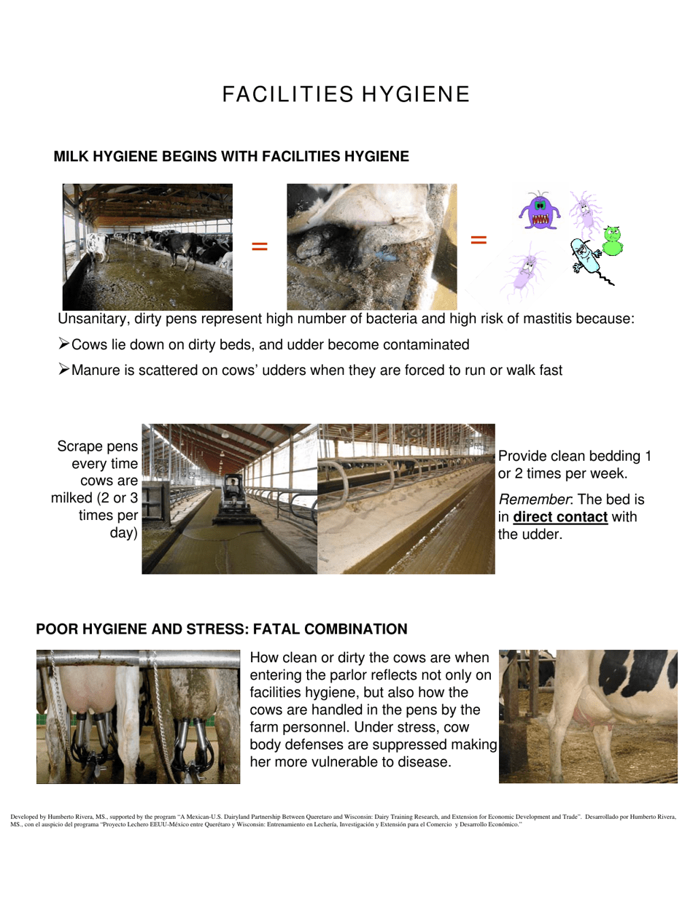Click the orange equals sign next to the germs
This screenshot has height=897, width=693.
click(x=479, y=239)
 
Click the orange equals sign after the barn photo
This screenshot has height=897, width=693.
click(x=260, y=246)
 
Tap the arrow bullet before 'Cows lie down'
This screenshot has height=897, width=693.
click(x=63, y=344)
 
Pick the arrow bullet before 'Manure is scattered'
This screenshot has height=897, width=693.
click(x=63, y=370)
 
